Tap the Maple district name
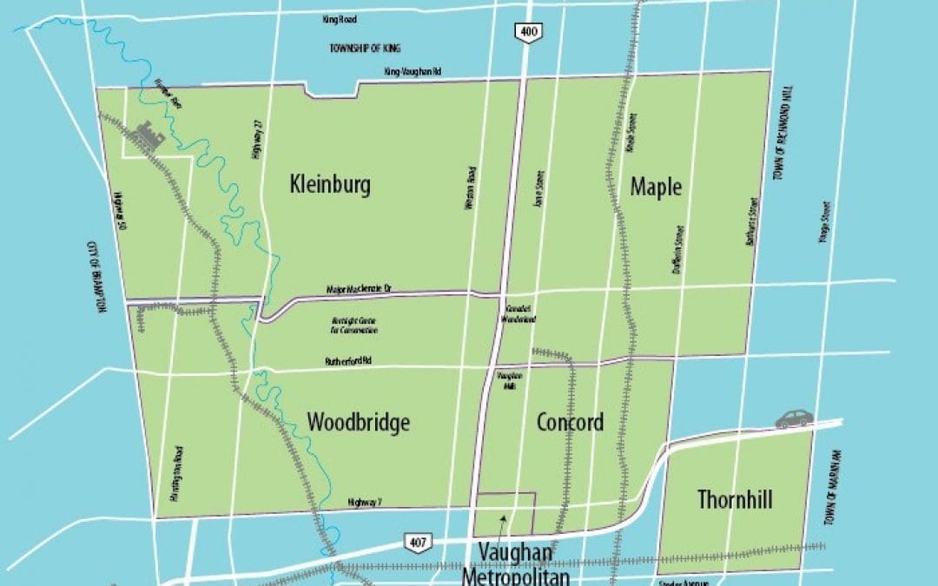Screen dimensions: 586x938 656,187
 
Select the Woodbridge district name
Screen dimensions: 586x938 358,423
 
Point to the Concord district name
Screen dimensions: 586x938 570,423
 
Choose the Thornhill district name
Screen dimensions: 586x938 735,499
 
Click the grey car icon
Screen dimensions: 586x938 794,418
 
